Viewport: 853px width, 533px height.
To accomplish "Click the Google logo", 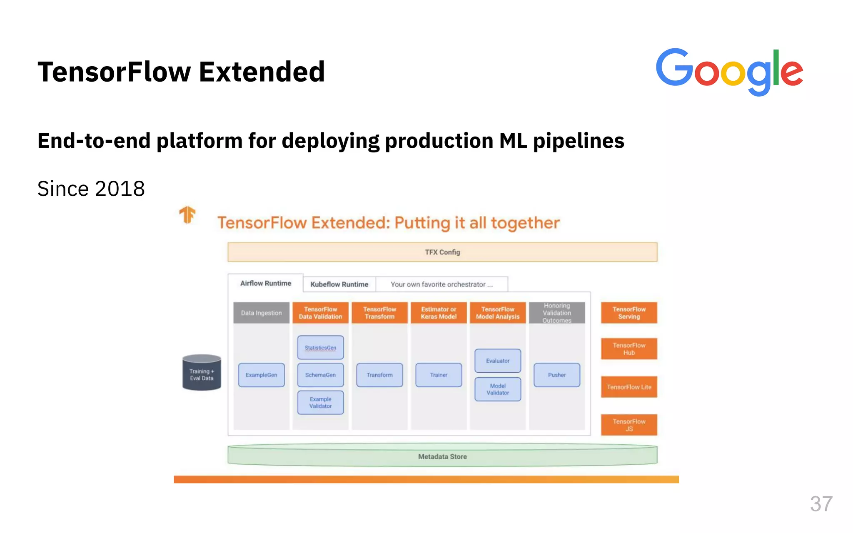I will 729,72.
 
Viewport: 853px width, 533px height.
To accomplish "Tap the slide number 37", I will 821,504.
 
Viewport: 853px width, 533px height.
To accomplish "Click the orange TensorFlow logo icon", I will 187,215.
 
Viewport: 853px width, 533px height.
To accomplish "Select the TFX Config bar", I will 442,252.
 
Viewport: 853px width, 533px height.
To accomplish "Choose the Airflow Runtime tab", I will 265,283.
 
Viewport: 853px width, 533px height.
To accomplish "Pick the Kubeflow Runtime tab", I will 339,284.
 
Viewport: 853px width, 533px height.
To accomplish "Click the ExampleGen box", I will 261,375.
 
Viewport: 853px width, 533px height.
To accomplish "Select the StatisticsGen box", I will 320,348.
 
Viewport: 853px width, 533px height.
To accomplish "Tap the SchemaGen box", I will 320,375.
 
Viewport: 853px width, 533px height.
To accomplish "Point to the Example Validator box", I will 320,403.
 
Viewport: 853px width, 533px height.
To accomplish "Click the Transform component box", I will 379,375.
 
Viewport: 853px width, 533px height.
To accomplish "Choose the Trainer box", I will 439,375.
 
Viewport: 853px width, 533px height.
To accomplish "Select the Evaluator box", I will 498,361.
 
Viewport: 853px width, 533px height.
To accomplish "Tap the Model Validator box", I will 498,389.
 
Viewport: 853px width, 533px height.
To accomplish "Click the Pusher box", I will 557,375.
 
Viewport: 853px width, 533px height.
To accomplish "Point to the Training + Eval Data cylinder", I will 202,373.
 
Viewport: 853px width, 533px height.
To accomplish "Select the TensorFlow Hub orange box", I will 629,349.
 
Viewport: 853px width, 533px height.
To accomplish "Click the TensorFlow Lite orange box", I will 629,387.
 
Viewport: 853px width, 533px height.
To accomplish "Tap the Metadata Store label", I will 442,457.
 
